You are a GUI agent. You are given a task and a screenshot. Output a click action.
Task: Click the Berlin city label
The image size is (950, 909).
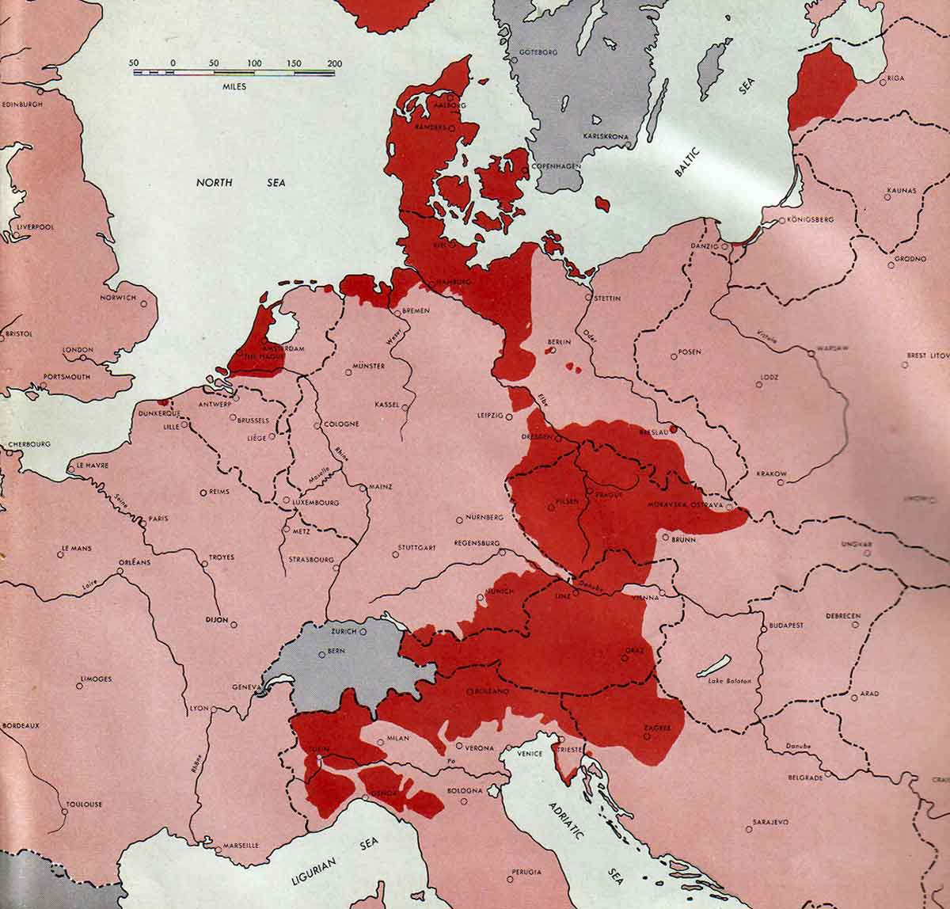559,342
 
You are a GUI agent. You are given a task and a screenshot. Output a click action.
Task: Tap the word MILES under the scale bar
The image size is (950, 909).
234,86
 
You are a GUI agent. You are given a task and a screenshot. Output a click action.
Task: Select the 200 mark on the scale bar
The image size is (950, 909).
334,63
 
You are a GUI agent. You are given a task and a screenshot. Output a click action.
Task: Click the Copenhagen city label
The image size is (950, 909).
557,166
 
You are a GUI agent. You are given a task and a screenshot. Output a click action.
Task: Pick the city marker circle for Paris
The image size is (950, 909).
143,520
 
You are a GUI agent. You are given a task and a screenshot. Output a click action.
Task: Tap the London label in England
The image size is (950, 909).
78,349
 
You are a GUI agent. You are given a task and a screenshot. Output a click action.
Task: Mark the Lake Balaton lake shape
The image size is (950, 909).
714,667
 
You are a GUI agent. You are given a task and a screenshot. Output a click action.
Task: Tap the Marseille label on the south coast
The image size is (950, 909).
235,845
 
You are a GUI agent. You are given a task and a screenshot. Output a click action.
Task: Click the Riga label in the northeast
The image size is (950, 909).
895,78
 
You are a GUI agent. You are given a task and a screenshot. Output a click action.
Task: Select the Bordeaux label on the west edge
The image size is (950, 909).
21,725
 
